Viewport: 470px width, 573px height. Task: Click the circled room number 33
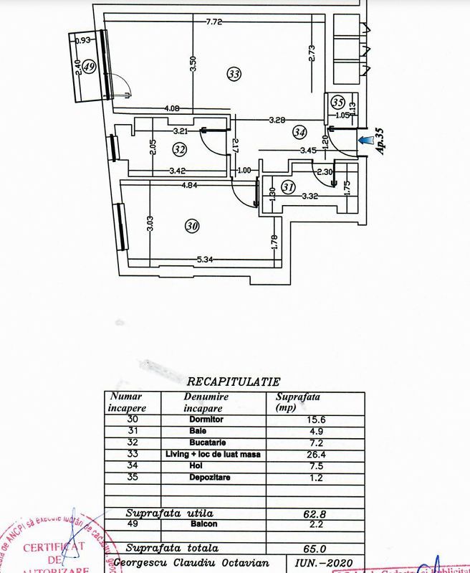[x=234, y=73]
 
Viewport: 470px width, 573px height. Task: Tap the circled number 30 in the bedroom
[x=191, y=226]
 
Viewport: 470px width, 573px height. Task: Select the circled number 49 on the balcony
[x=90, y=67]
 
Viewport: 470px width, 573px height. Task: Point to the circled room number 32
[x=180, y=149]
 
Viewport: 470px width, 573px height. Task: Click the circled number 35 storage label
[x=338, y=102]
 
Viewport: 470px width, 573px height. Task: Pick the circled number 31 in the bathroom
[x=288, y=187]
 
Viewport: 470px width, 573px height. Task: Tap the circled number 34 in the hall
[x=299, y=132]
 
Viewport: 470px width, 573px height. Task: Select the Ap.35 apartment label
[x=380, y=141]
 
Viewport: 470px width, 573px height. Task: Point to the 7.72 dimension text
[x=214, y=22]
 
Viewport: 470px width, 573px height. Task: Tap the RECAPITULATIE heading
[x=233, y=382]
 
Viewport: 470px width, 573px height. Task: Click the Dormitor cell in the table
[x=206, y=420]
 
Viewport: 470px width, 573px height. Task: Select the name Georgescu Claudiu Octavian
[x=195, y=564]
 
